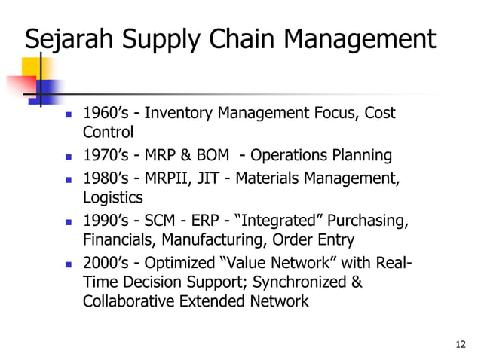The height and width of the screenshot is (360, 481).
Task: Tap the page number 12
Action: point(461,345)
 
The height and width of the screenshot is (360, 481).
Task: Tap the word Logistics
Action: point(113,198)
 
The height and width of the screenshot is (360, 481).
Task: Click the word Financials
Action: point(117,241)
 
